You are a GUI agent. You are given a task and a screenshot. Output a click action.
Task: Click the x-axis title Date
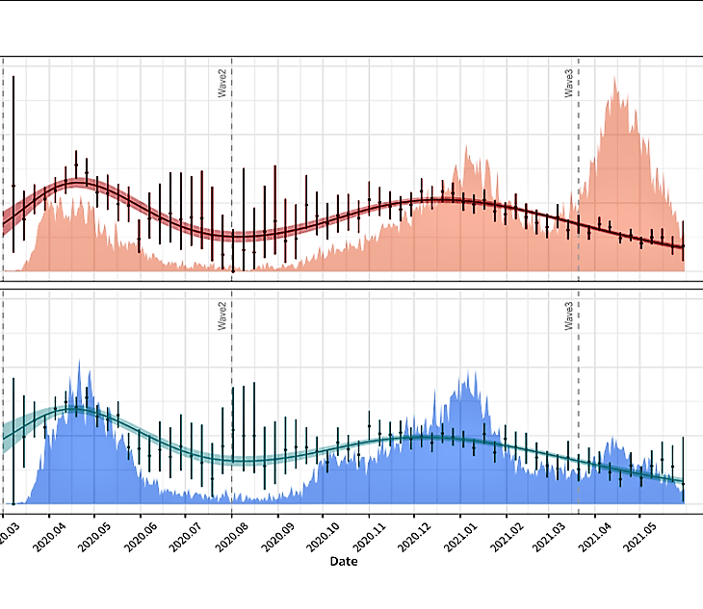pyautogui.click(x=343, y=561)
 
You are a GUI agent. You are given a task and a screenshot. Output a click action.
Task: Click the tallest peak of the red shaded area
pyautogui.click(x=613, y=80)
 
